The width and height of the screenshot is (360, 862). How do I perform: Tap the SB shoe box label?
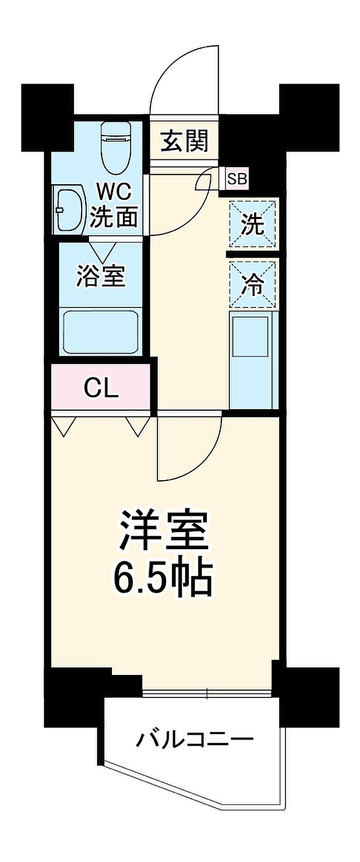coord(237,178)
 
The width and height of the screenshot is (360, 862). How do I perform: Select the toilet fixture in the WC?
coord(116,149)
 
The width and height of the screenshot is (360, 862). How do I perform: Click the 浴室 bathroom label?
coord(101,275)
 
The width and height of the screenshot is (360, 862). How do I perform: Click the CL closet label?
coord(101,388)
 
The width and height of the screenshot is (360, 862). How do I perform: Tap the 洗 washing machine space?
coord(253,224)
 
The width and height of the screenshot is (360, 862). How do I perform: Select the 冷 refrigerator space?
coord(253,284)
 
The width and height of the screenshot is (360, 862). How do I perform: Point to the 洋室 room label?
coord(164,530)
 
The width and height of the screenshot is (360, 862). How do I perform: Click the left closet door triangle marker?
coord(65,427)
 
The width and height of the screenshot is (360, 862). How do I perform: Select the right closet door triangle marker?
coord(137,427)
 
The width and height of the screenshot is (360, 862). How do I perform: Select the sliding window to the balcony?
coord(207,693)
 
